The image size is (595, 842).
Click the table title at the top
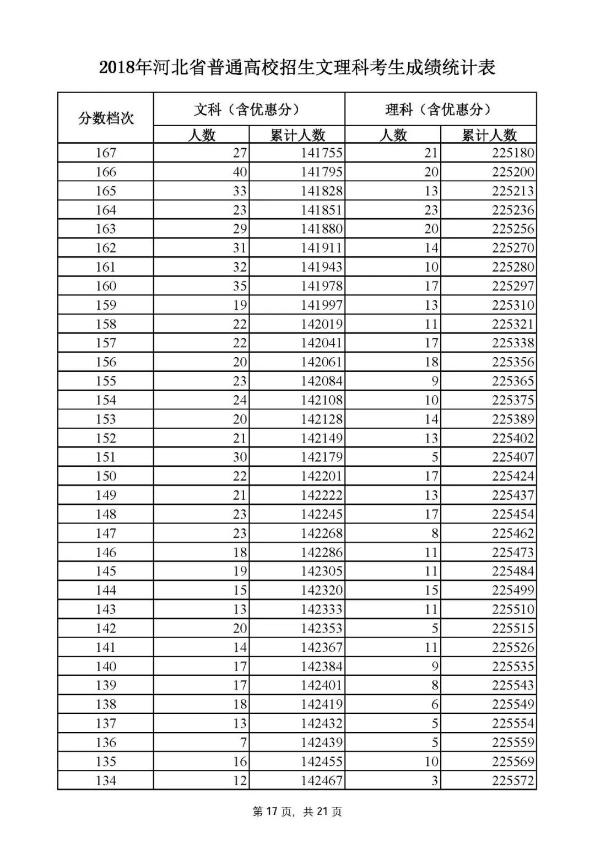click(x=297, y=67)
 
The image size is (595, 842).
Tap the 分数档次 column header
click(x=106, y=118)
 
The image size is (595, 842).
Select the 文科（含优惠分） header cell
click(x=248, y=109)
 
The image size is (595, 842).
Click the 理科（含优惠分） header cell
click(x=440, y=109)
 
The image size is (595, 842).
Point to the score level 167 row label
click(x=106, y=153)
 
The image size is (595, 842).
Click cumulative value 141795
click(x=322, y=172)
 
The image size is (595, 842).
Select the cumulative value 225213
click(x=513, y=191)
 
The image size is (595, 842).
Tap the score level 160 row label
click(x=106, y=286)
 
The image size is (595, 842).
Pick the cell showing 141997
click(x=322, y=305)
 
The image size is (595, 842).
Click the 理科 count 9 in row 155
click(x=434, y=381)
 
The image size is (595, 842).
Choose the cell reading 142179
click(x=322, y=457)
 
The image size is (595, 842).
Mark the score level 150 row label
click(x=106, y=476)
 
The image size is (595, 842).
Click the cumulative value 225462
click(x=513, y=533)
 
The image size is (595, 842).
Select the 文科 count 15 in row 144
click(x=240, y=590)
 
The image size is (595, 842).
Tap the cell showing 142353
click(x=322, y=628)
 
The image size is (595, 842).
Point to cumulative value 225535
click(x=513, y=666)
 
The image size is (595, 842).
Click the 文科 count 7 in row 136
click(x=243, y=742)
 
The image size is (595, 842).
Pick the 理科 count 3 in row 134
click(x=434, y=780)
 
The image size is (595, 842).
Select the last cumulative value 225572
click(x=513, y=780)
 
